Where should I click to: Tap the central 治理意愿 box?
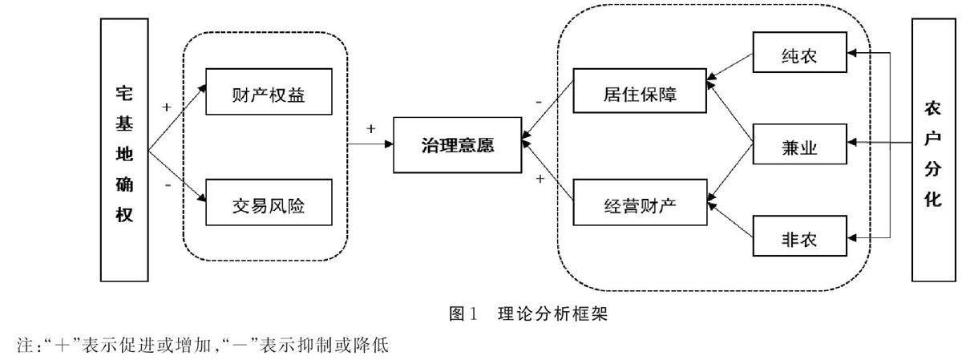457,145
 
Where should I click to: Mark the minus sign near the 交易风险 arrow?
167,184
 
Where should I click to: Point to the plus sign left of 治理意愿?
370,128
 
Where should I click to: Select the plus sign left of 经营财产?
540,178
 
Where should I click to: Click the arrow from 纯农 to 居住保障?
730,67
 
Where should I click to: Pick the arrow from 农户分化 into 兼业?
882,146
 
